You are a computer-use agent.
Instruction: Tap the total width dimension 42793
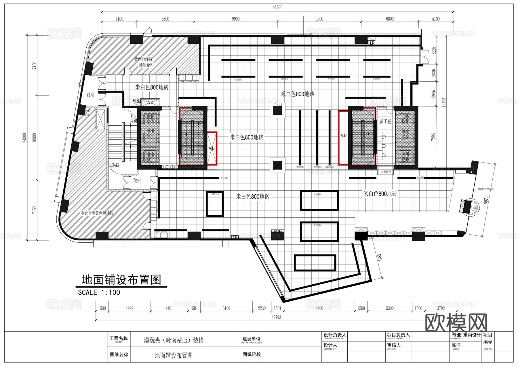pos(276,317)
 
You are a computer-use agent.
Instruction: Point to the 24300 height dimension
pos(25,137)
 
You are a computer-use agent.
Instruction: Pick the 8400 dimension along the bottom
pos(319,308)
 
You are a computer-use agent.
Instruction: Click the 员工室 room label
pos(385,122)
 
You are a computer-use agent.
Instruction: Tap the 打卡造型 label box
pos(386,172)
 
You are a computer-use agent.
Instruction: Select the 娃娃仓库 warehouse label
pos(146,65)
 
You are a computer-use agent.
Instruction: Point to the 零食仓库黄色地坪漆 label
pos(97,213)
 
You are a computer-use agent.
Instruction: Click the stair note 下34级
pos(133,119)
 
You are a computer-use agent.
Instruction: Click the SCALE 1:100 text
pos(99,293)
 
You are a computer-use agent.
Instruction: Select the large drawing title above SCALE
pos(121,280)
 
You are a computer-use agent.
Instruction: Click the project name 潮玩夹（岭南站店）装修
pos(174,340)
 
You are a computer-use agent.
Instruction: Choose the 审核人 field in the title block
pos(394,345)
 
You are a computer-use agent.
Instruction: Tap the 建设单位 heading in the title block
pos(251,339)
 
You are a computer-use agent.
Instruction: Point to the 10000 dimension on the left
pos(35,137)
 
